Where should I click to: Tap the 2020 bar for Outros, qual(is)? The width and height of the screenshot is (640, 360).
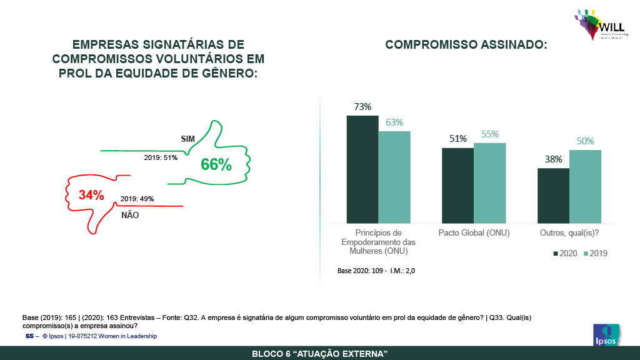(x=553, y=195)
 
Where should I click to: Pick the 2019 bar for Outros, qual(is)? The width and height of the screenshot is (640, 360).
(x=585, y=186)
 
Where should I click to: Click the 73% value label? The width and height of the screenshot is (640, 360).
(x=362, y=107)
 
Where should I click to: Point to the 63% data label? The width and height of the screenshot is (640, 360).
(x=394, y=122)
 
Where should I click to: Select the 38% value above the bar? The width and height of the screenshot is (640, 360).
(x=553, y=159)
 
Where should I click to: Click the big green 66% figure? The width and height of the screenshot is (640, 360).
(x=216, y=165)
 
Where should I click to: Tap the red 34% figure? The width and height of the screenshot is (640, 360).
(x=91, y=195)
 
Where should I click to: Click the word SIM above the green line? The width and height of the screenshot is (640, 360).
(x=188, y=139)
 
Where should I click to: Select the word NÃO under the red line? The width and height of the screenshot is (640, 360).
(x=130, y=215)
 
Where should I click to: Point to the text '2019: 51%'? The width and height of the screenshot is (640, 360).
(x=161, y=157)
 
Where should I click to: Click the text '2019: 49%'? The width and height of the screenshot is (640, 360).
(x=137, y=199)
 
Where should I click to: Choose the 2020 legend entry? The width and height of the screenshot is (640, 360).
(x=564, y=253)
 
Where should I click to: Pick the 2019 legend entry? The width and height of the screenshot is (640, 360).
(x=595, y=253)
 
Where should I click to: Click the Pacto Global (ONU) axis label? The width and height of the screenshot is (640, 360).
(x=474, y=233)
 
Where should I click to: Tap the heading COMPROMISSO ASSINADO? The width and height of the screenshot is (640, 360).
(x=466, y=45)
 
